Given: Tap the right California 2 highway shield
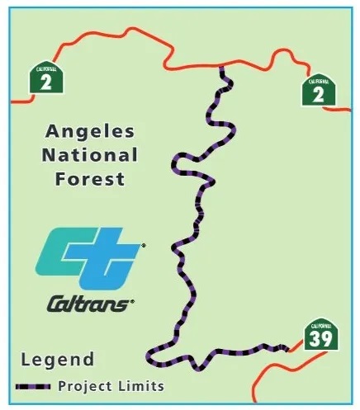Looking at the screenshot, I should tap(319, 91).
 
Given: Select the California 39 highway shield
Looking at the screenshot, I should tap(319, 334).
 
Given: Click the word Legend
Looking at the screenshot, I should tap(54, 360).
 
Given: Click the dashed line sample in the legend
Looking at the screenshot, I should tap(33, 386).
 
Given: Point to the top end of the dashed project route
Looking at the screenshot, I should tap(221, 68).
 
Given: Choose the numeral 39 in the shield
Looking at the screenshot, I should tap(319, 338).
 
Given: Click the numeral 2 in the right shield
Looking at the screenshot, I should tap(319, 94).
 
